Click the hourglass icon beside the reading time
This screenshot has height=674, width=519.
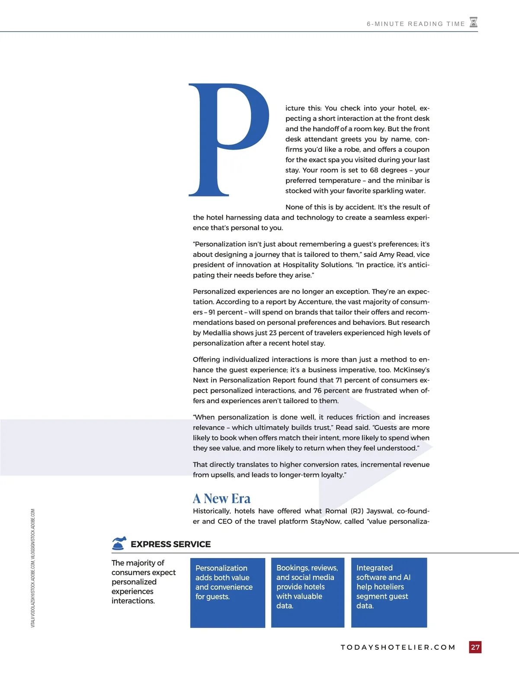point(474,22)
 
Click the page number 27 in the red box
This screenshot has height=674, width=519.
point(475,647)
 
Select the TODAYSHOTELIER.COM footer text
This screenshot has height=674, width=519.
point(398,647)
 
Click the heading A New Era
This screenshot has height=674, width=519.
point(221,498)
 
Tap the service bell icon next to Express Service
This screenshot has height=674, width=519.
point(119,543)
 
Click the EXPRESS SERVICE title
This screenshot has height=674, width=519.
point(170,544)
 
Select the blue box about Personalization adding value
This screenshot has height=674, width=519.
point(227,592)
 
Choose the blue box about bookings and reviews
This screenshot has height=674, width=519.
point(308,592)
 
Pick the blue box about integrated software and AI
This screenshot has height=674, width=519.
point(389,592)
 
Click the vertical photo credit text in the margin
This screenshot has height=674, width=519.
point(33,568)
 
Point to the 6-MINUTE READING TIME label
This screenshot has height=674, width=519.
point(416,24)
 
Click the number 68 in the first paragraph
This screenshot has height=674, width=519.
point(375,170)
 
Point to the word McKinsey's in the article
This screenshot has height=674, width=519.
point(411,370)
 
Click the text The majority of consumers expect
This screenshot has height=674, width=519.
point(143,568)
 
